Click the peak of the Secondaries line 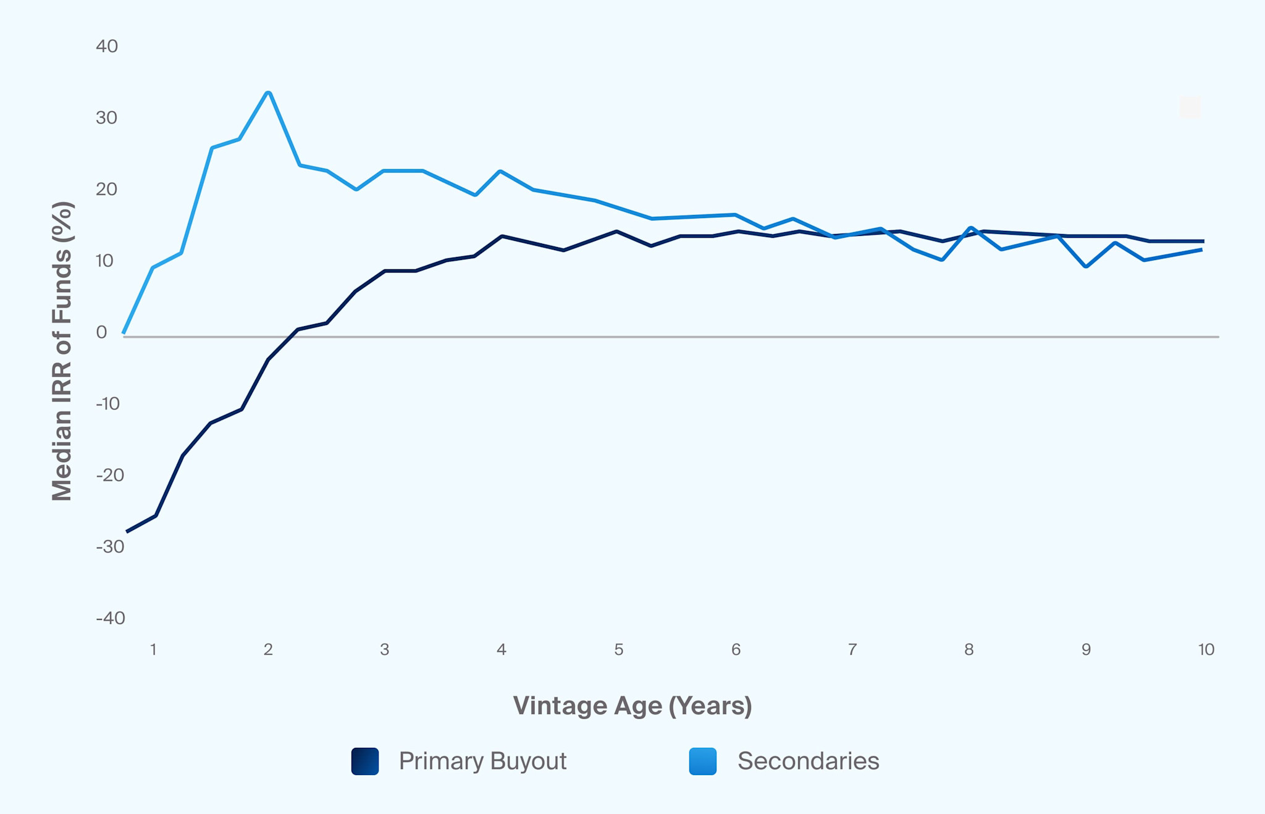click(x=268, y=93)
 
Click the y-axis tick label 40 click(x=107, y=46)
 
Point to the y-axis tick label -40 click(x=111, y=618)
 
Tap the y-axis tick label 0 click(x=101, y=332)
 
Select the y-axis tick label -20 click(x=110, y=475)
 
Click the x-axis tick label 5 click(x=618, y=649)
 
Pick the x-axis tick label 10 click(x=1206, y=649)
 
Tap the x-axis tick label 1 click(x=153, y=649)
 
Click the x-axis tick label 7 click(x=852, y=649)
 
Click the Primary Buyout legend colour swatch click(x=365, y=761)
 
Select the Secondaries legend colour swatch click(x=703, y=761)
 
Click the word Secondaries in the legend click(x=808, y=761)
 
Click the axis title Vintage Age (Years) click(x=632, y=705)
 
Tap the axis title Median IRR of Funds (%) click(x=62, y=351)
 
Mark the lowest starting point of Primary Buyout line click(x=127, y=531)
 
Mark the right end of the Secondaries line click(x=1201, y=250)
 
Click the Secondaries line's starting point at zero click(x=124, y=333)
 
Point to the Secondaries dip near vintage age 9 click(x=1086, y=266)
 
